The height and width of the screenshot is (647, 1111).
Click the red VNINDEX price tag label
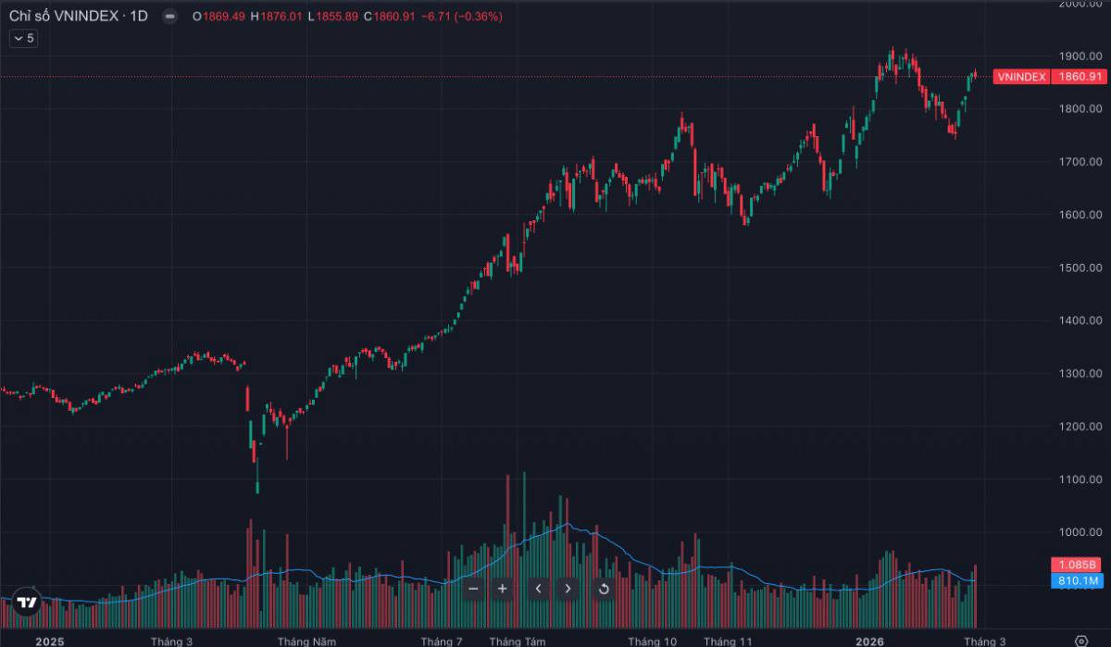pos(1021,77)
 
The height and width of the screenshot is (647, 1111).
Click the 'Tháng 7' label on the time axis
pos(441,641)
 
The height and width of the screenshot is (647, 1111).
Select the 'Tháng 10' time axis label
pos(652,641)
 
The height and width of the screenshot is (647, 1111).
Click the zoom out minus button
pos(473,588)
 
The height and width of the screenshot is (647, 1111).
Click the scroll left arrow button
pos(539,588)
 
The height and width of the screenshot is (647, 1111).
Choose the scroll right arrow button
pos(568,588)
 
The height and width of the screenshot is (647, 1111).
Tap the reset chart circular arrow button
pos(604,588)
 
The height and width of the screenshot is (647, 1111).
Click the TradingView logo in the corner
pos(27,603)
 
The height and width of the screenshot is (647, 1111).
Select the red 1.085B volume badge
pos(1077,565)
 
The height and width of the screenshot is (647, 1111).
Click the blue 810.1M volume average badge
pos(1077,580)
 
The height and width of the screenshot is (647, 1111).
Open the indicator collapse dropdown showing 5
pos(23,38)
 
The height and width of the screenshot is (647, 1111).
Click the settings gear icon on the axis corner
pos(1080,641)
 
